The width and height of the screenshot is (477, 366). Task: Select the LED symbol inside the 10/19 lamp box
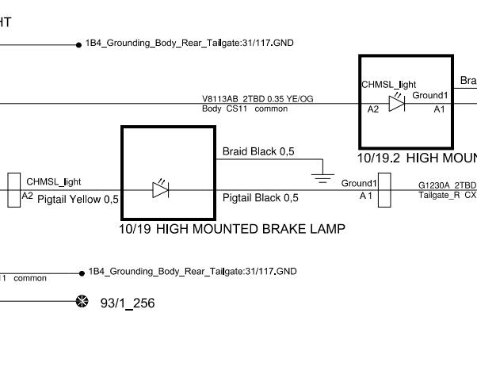(160, 189)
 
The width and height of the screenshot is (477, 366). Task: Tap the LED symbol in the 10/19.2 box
(396, 104)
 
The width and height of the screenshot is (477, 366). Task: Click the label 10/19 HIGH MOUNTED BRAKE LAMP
(231, 230)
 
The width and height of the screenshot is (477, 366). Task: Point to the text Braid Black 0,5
(258, 151)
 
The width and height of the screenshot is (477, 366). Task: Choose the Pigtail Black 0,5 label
(261, 198)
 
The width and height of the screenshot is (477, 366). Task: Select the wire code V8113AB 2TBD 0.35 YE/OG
(258, 99)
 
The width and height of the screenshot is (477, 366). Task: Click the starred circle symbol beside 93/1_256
(81, 302)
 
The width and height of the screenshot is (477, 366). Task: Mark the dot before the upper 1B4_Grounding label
(78, 44)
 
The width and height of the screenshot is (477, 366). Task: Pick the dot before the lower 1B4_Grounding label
(82, 273)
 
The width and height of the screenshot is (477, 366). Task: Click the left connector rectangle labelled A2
(14, 190)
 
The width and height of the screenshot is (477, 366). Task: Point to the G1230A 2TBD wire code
(447, 185)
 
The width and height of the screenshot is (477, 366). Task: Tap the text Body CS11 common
(245, 109)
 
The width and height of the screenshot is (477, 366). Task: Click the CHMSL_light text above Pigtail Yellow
(54, 182)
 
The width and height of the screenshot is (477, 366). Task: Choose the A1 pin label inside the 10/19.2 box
(439, 109)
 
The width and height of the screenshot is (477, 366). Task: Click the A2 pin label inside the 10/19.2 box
(373, 109)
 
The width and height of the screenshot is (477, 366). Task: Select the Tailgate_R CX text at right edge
(447, 195)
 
